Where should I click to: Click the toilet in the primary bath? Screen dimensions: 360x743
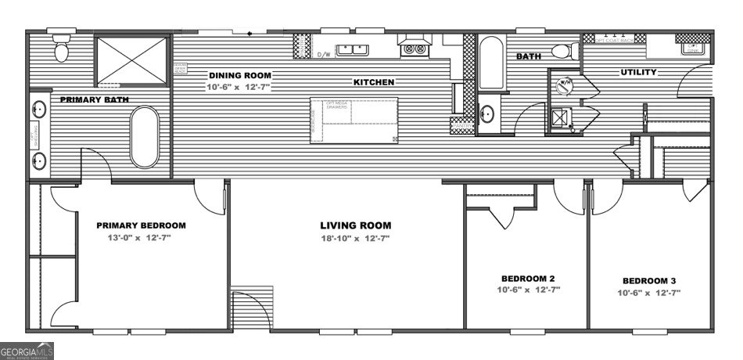coord(62,48)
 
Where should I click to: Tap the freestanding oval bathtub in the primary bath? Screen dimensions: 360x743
coord(144,137)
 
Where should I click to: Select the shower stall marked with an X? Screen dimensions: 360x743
coord(132,58)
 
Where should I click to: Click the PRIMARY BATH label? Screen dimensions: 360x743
coord(94,99)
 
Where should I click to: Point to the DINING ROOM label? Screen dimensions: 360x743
coord(239,76)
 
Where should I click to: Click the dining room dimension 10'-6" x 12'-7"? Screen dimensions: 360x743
coord(239,86)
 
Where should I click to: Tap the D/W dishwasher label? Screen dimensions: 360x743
coord(323,54)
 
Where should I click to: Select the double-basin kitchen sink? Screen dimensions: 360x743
coord(353,51)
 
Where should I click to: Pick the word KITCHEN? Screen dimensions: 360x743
coord(373,81)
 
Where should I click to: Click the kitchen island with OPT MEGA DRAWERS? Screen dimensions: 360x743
coord(354,121)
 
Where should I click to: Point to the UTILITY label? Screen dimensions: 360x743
coord(638,72)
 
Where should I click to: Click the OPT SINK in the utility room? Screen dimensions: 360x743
coord(693,49)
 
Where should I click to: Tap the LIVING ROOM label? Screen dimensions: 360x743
coord(355,225)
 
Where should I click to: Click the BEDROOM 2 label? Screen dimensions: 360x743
coord(527,279)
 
